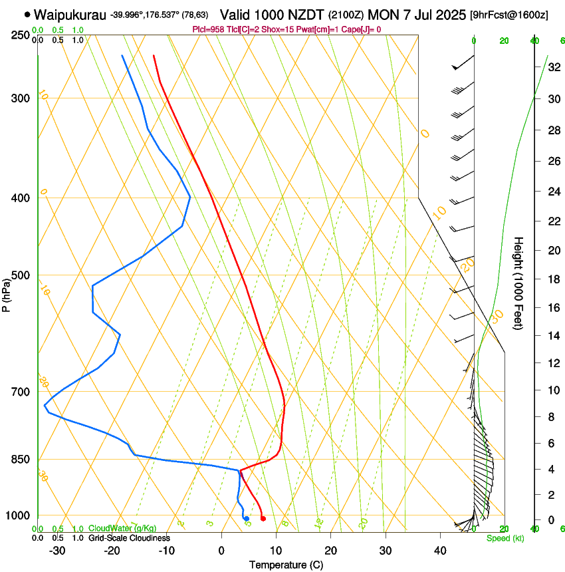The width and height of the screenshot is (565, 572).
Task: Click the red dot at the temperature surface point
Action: pyautogui.click(x=263, y=519)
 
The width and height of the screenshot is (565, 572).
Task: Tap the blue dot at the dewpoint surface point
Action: pyautogui.click(x=246, y=519)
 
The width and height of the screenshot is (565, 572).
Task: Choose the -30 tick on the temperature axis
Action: pyautogui.click(x=57, y=551)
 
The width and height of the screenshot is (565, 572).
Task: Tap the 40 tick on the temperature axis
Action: pyautogui.click(x=439, y=551)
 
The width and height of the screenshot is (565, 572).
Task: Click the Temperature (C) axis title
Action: pyautogui.click(x=286, y=565)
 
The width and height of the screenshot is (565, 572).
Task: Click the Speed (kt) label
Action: pyautogui.click(x=505, y=538)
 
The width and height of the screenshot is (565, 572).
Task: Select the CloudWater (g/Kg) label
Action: pyautogui.click(x=123, y=529)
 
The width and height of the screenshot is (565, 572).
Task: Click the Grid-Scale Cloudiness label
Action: pyautogui.click(x=129, y=538)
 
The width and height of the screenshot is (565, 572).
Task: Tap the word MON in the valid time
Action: pyautogui.click(x=390, y=14)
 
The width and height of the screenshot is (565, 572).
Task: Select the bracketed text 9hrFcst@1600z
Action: pyautogui.click(x=508, y=15)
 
